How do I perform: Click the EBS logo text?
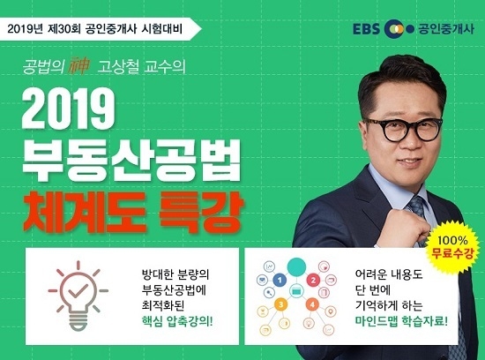click(x=366, y=29)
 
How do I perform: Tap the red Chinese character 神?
click(x=78, y=66)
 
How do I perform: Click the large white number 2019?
click(x=69, y=110)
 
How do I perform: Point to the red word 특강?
click(x=198, y=213)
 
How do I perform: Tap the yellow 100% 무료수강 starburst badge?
click(x=452, y=247)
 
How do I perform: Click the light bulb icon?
click(x=78, y=296)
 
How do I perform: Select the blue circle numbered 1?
click(x=280, y=280)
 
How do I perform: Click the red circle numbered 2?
click(x=313, y=281)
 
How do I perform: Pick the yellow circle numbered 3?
click(x=280, y=304)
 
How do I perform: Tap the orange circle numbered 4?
click(x=312, y=304)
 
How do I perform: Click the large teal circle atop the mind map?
click(x=296, y=266)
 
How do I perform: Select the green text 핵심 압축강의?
click(x=177, y=321)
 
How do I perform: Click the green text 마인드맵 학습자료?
click(x=401, y=321)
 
